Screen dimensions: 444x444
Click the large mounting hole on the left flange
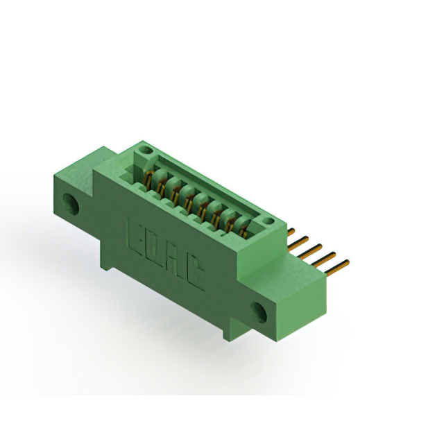tap(71, 203)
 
